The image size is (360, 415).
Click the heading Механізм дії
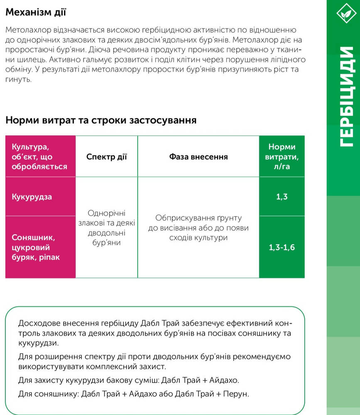click(x=36, y=13)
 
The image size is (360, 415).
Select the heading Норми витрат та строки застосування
click(x=101, y=121)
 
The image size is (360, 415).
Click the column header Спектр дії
click(x=106, y=157)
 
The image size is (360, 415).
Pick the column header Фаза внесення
click(x=198, y=157)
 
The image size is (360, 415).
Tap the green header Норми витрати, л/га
click(x=282, y=156)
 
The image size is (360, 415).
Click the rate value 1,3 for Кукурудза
click(x=282, y=197)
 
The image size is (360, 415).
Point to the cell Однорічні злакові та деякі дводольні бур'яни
click(x=106, y=227)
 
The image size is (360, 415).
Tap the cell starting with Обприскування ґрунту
click(x=198, y=228)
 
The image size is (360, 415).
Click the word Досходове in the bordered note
click(x=39, y=323)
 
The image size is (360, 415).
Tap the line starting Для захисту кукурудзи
click(x=129, y=380)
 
